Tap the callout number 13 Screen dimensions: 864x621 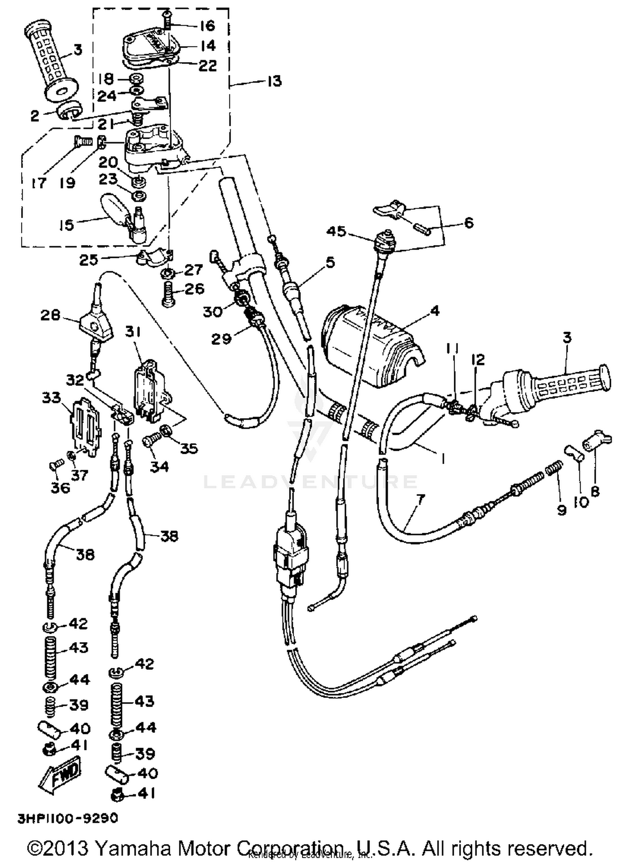tap(274, 81)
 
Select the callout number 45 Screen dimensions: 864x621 tap(336, 231)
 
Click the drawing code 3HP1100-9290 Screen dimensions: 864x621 tap(67, 818)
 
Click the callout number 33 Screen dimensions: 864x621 tap(51, 398)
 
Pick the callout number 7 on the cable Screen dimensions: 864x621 tap(421, 500)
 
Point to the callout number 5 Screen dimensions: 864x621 tap(330, 262)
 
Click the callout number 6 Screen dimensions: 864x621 tap(469, 223)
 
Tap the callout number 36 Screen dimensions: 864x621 tap(60, 487)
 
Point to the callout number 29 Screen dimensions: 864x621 tap(221, 339)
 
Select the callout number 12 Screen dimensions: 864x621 tap(478, 359)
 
